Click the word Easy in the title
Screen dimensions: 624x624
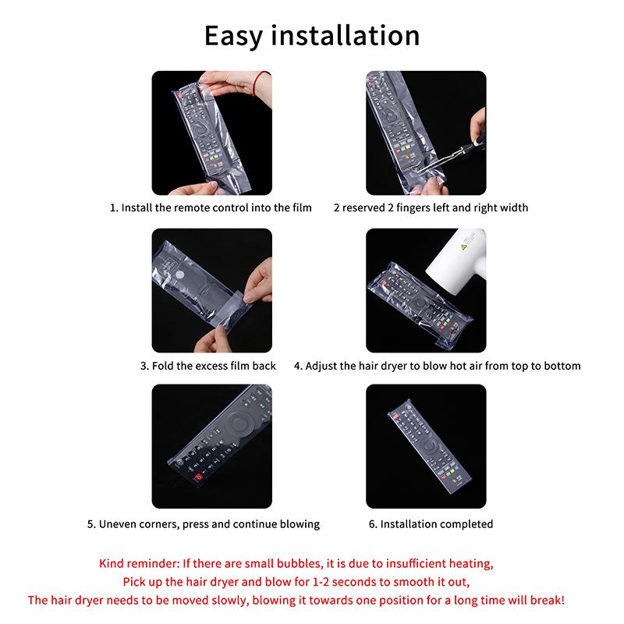[x=233, y=36]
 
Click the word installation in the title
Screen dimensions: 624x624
[x=345, y=35]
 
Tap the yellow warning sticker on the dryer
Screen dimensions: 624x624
[x=463, y=247]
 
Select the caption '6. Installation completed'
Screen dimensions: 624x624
[x=431, y=523]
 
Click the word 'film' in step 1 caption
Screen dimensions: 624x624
[x=301, y=207]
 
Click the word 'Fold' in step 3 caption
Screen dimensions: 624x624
[x=162, y=366]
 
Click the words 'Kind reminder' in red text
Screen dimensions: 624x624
[x=139, y=563]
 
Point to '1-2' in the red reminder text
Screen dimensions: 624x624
[x=321, y=582]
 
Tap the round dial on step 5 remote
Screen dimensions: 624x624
[x=239, y=424]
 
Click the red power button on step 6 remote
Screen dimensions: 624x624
[x=396, y=417]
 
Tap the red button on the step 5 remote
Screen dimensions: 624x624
[x=199, y=477]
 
